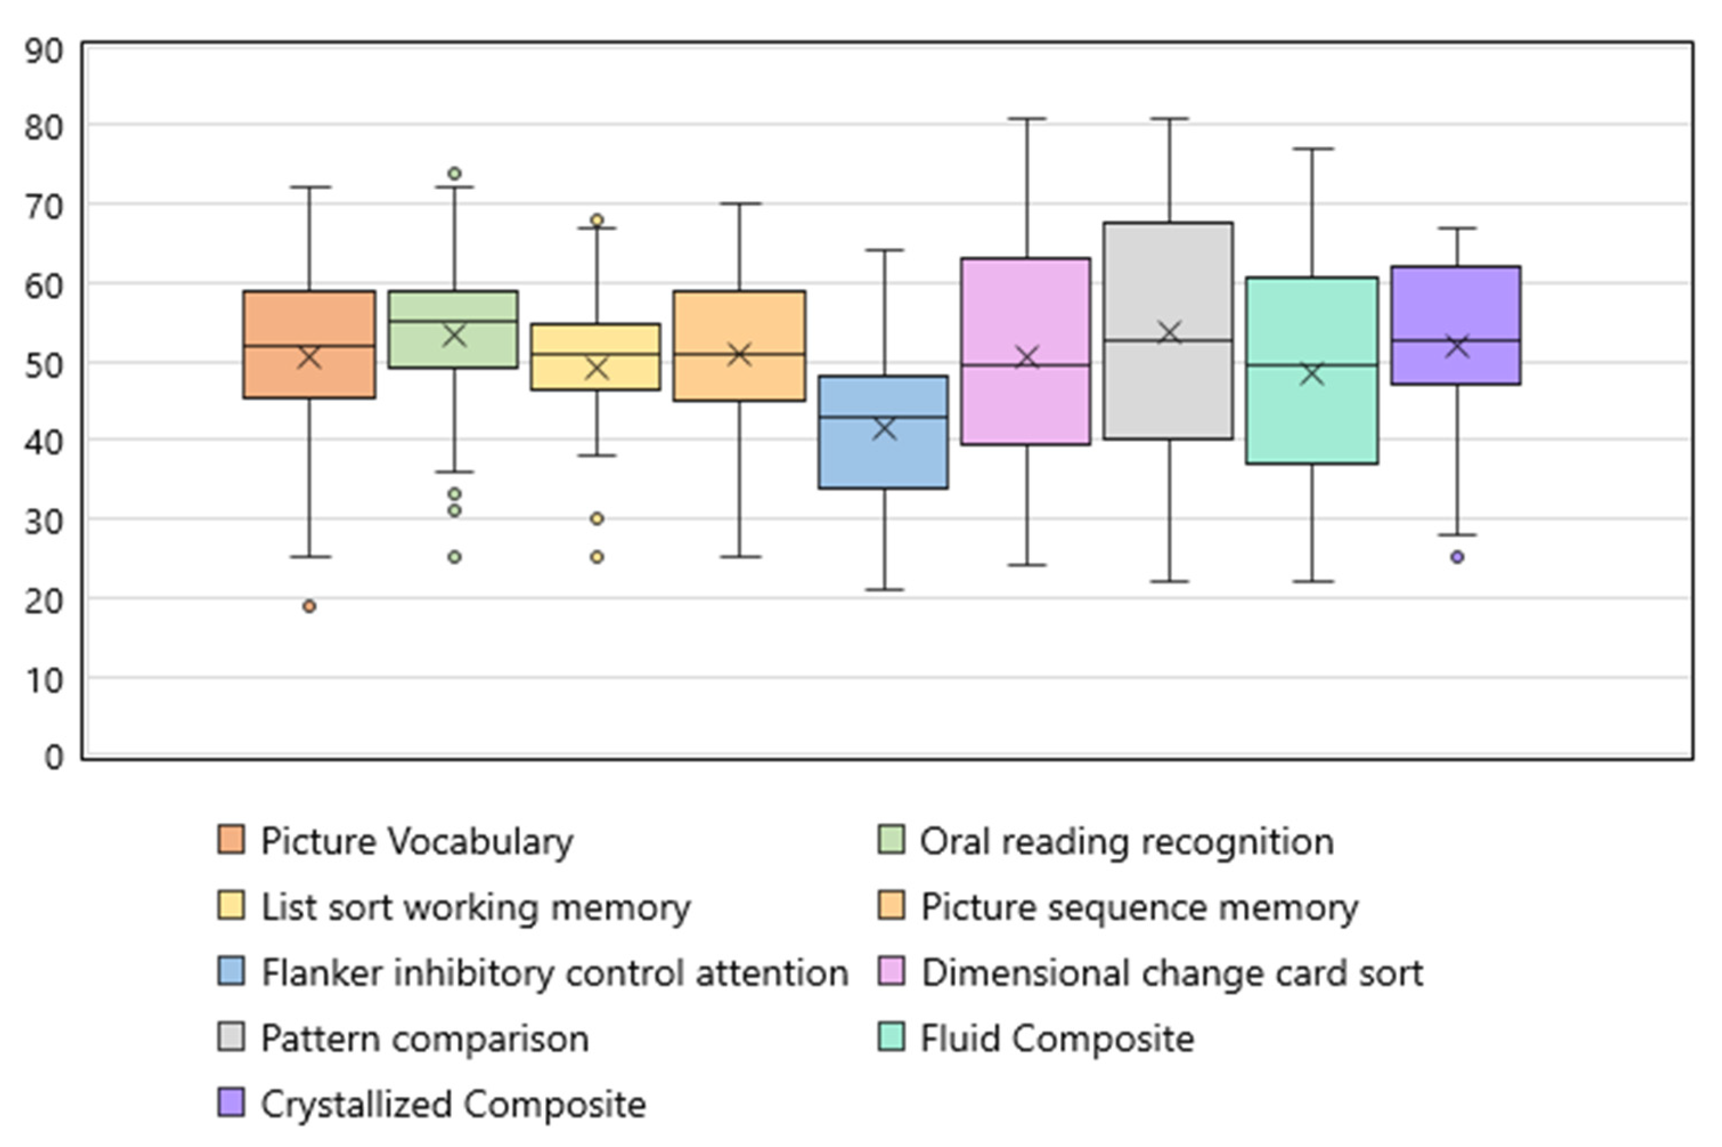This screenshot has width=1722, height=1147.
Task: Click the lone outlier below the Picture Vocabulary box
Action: point(309,606)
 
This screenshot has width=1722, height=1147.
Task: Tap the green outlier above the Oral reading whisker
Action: point(454,173)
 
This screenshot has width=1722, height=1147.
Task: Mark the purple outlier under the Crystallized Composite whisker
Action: point(1457,557)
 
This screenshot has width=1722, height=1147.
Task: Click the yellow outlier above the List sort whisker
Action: point(597,219)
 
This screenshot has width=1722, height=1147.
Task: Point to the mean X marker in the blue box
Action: point(884,428)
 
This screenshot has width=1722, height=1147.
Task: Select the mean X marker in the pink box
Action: point(1027,358)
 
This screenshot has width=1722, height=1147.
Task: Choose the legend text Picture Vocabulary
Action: point(417,841)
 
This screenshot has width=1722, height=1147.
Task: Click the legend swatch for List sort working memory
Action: point(231,905)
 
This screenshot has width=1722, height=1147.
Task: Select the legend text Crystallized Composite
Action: point(454,1104)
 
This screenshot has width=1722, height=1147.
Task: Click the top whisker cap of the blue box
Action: point(884,250)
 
